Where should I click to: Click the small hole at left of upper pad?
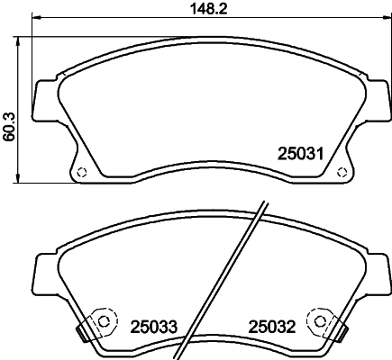pyautogui.click(x=80, y=173)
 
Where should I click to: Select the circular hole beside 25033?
pyautogui.click(x=105, y=320)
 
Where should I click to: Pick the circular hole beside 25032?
pyautogui.click(x=319, y=320)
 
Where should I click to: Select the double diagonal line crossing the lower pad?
pyautogui.click(x=225, y=279)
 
